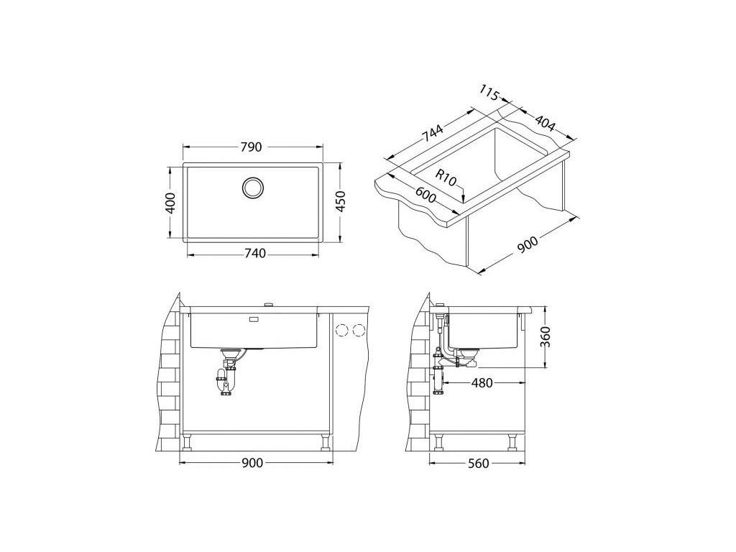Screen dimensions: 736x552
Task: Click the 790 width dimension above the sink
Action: pyautogui.click(x=251, y=147)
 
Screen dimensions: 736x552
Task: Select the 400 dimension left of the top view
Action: pyautogui.click(x=171, y=203)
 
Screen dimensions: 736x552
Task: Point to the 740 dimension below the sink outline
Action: pyautogui.click(x=255, y=254)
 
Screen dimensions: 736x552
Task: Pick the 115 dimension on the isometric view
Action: pyautogui.click(x=489, y=93)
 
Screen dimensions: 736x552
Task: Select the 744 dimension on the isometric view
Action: pyautogui.click(x=432, y=133)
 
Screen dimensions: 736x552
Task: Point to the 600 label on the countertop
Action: pyautogui.click(x=425, y=195)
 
